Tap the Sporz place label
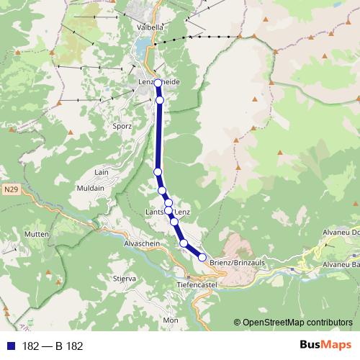pyautogui.click(x=122, y=125)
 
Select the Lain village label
pyautogui.click(x=101, y=173)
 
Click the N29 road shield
pyautogui.click(x=9, y=190)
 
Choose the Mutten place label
pyautogui.click(x=35, y=235)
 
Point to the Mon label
pyautogui.click(x=171, y=320)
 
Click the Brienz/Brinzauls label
pyautogui.click(x=238, y=263)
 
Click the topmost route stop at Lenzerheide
pyautogui.click(x=158, y=83)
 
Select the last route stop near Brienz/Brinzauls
pyautogui.click(x=202, y=257)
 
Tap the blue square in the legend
pyautogui.click(x=12, y=346)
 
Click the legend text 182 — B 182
pyautogui.click(x=53, y=346)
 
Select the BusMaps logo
pyautogui.click(x=321, y=345)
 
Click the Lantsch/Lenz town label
pyautogui.click(x=168, y=212)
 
